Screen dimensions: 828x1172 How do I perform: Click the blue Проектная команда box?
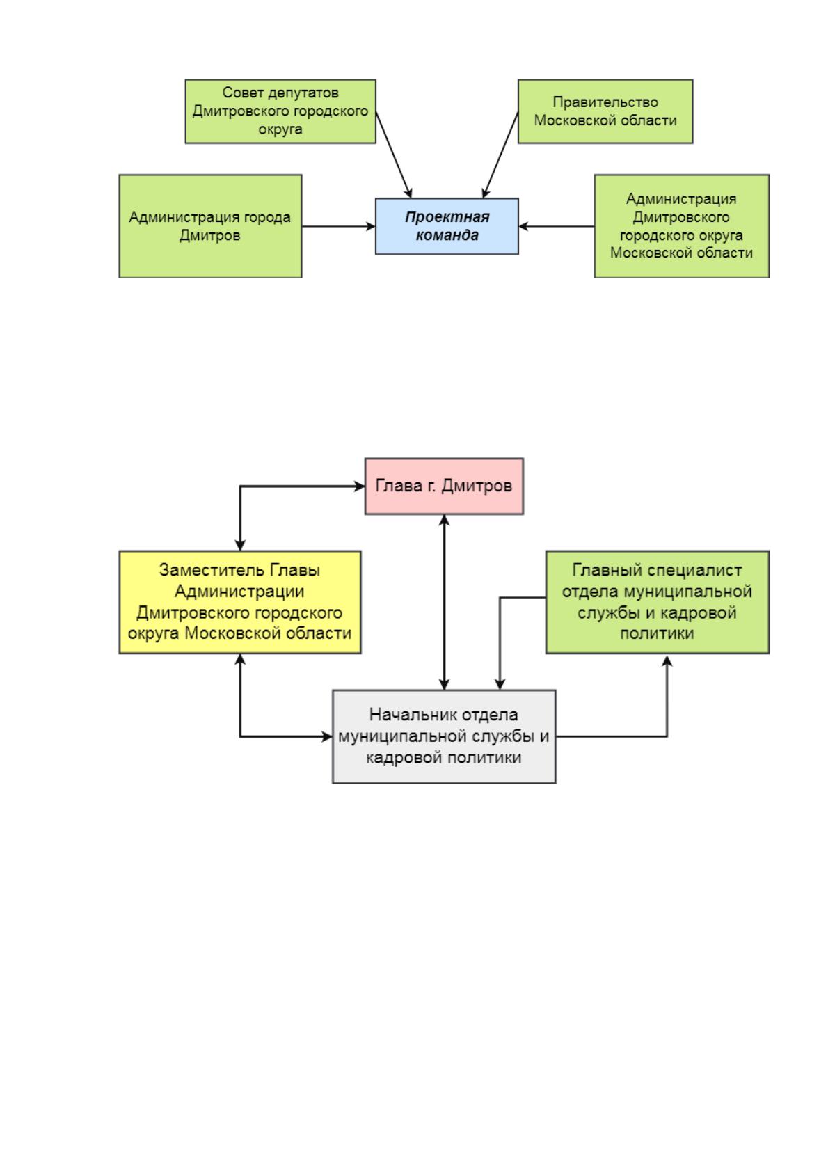(x=447, y=226)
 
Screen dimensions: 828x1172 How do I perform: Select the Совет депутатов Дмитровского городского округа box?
(x=280, y=111)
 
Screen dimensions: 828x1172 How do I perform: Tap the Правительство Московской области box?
(x=605, y=111)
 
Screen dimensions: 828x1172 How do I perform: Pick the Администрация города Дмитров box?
(x=210, y=226)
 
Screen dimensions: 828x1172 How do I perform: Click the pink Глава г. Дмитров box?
(x=444, y=486)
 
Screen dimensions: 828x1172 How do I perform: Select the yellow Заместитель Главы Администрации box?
(x=240, y=602)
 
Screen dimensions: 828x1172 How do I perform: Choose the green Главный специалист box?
(x=657, y=602)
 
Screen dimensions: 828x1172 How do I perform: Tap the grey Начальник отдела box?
(x=444, y=736)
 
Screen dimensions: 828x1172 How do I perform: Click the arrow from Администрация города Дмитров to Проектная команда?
(x=338, y=227)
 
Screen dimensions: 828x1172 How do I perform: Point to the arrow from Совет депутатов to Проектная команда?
(x=394, y=155)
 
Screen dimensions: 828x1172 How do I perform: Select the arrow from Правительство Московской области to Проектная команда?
(x=500, y=155)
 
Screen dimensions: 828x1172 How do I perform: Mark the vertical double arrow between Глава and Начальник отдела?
(x=444, y=602)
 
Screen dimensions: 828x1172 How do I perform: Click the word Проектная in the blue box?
(x=447, y=217)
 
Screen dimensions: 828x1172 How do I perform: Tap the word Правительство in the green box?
(x=605, y=102)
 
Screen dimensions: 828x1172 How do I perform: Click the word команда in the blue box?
(x=447, y=235)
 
